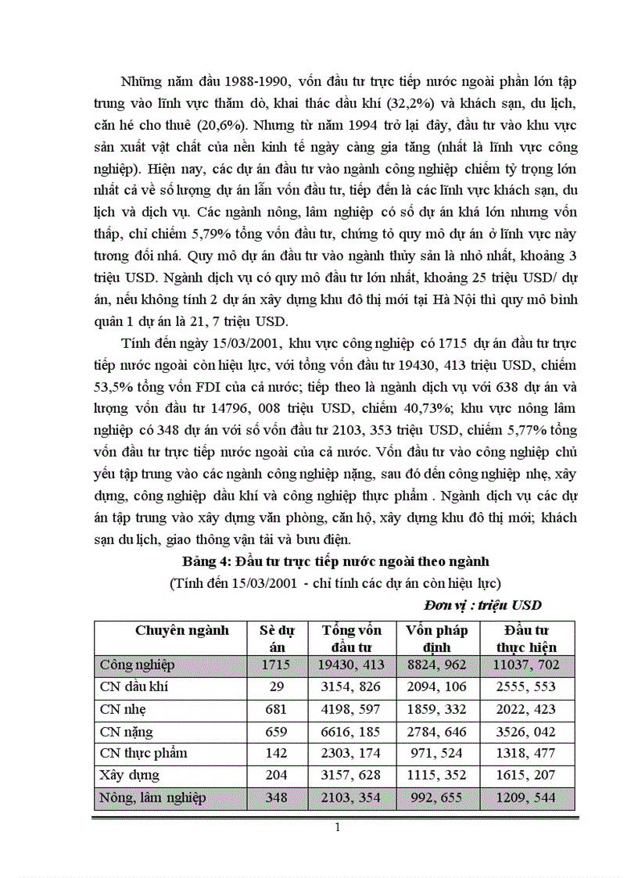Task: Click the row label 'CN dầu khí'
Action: (x=134, y=687)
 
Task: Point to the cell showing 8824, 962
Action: (x=436, y=665)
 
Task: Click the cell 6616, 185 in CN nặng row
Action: (x=352, y=732)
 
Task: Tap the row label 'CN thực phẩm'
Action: (x=144, y=754)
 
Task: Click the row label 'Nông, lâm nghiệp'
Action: (x=153, y=797)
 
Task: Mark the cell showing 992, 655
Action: (x=436, y=797)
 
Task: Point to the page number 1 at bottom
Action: (x=336, y=830)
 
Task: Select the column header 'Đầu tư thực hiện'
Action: (x=526, y=639)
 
